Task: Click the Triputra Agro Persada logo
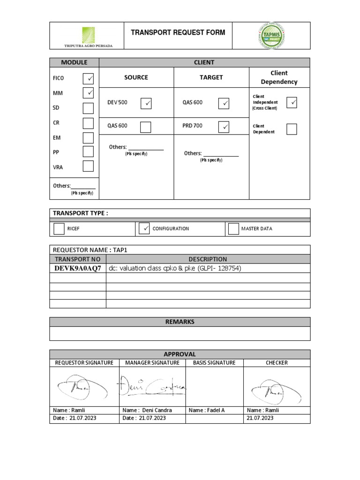click(x=88, y=37)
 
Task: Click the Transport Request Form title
click(x=178, y=33)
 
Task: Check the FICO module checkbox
click(x=88, y=78)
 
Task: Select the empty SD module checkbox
click(x=88, y=108)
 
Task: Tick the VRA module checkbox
click(x=88, y=166)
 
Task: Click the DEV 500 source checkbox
click(x=146, y=103)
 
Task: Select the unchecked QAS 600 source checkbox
click(x=146, y=127)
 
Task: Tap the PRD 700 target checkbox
click(x=224, y=127)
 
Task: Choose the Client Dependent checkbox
click(x=292, y=129)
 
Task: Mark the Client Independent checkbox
click(x=292, y=102)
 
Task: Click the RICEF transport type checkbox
click(x=59, y=229)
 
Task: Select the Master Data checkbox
click(x=233, y=229)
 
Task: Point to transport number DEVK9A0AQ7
click(x=78, y=268)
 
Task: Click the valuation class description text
click(x=174, y=268)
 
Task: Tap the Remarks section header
click(x=180, y=322)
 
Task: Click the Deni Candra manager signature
click(x=152, y=386)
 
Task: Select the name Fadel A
click(x=207, y=410)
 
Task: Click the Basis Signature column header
click(x=214, y=362)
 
